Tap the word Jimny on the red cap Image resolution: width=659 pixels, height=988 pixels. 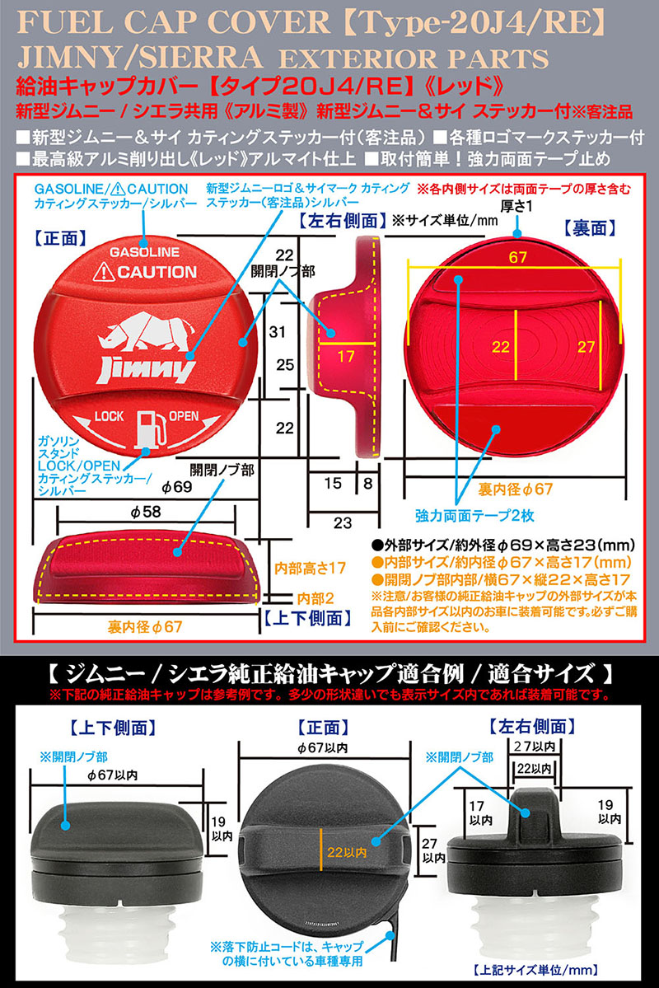click(146, 369)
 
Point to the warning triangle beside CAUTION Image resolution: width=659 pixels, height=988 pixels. click(105, 271)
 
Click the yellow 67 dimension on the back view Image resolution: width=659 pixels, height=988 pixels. click(517, 258)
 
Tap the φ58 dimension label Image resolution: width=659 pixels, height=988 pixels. click(145, 513)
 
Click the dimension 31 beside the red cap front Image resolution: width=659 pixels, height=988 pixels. click(278, 332)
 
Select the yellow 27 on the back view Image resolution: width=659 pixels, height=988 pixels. click(586, 347)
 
